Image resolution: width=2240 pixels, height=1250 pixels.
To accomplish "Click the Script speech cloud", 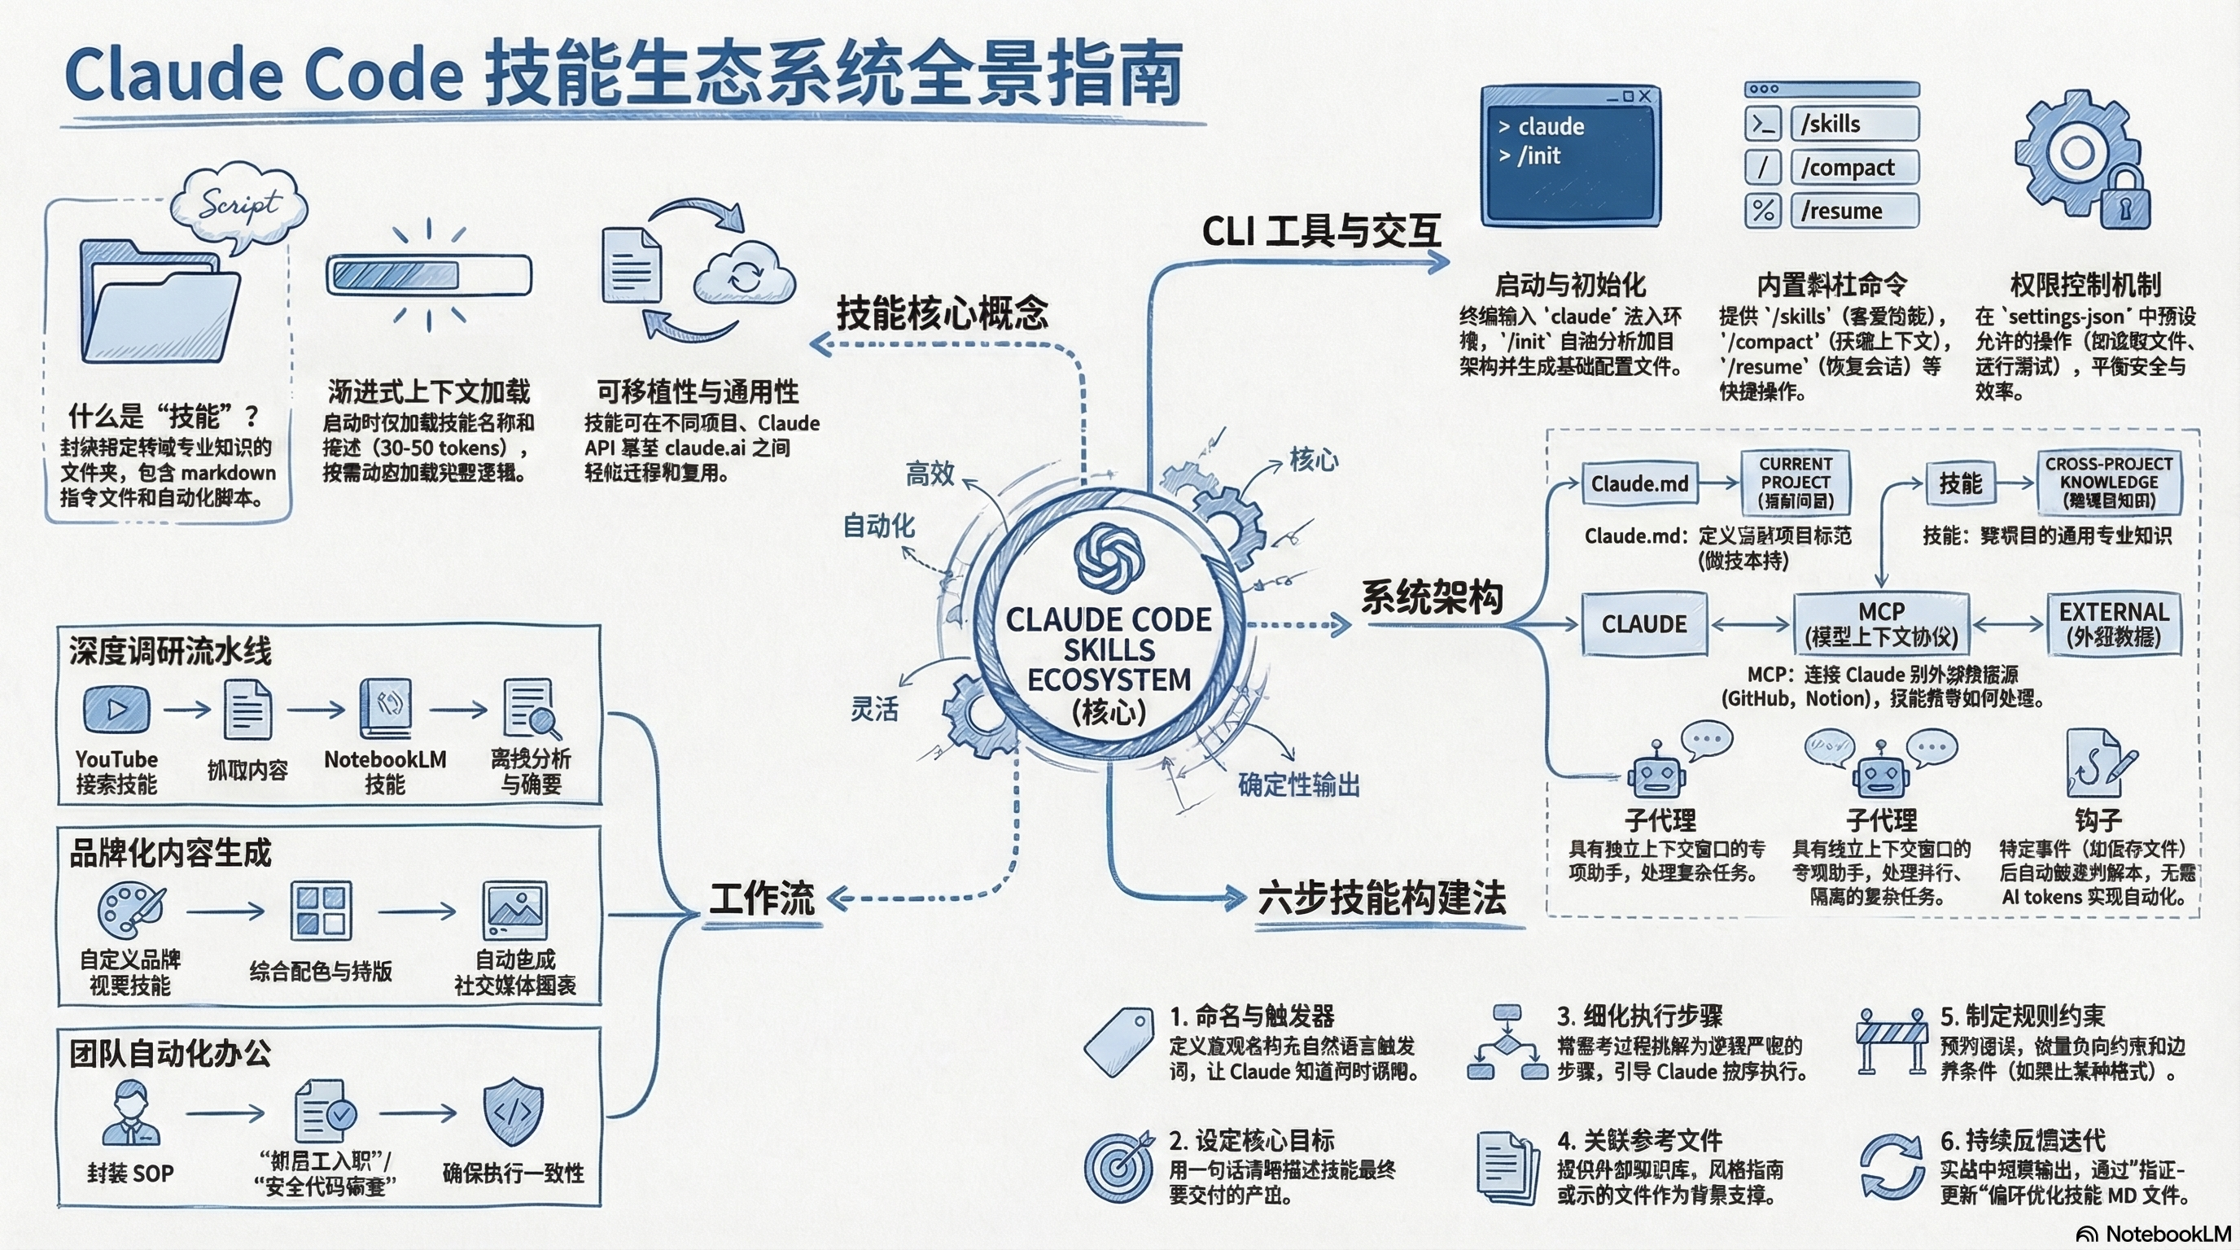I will pyautogui.click(x=239, y=205).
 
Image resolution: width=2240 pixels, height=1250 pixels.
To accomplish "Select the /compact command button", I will pyautogui.click(x=1854, y=167).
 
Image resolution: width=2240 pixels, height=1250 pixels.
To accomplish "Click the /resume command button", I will pyautogui.click(x=1854, y=210).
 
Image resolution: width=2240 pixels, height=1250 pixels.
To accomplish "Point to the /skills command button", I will pyautogui.click(x=1854, y=124).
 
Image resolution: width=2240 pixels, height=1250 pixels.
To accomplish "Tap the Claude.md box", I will pyautogui.click(x=1639, y=483).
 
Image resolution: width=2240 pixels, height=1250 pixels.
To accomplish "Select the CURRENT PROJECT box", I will pyautogui.click(x=1796, y=483).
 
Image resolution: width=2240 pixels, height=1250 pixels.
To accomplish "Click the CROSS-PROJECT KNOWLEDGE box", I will pyautogui.click(x=2109, y=483).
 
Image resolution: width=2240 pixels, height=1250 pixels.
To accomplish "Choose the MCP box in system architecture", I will pyautogui.click(x=1881, y=624).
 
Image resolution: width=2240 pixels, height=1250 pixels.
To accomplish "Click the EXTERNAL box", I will pyautogui.click(x=2114, y=624).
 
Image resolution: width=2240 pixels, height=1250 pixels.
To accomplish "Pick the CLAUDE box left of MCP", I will pyautogui.click(x=1643, y=624).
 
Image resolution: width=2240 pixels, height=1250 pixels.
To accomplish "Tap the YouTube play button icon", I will pyautogui.click(x=116, y=710).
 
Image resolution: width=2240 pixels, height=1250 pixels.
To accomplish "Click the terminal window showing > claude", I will pyautogui.click(x=1570, y=156).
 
